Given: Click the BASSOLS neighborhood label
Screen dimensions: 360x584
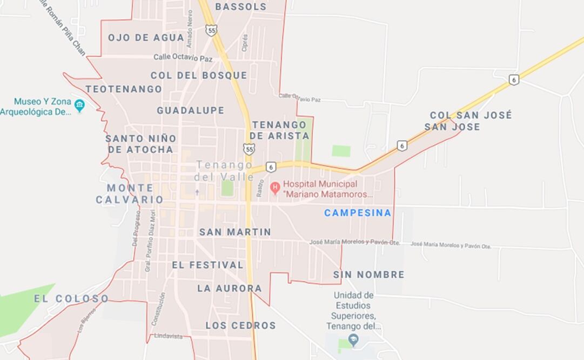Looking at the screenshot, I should click(x=241, y=7).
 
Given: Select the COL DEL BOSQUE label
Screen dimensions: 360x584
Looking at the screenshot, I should click(x=198, y=75).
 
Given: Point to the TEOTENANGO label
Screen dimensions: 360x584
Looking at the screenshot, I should click(x=123, y=89).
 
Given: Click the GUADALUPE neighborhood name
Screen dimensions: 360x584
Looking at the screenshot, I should click(x=190, y=110).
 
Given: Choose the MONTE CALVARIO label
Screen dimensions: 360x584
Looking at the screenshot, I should click(x=130, y=194).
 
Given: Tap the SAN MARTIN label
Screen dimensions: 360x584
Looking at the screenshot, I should click(x=235, y=232).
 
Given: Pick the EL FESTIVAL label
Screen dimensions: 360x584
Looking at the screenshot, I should click(x=207, y=265).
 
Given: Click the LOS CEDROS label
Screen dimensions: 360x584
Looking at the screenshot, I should click(x=240, y=325).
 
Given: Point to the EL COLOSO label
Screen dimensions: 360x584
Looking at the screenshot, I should click(x=71, y=298).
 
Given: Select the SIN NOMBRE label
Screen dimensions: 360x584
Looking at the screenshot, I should click(x=368, y=275).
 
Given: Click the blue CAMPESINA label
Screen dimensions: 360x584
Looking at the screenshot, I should click(x=357, y=213).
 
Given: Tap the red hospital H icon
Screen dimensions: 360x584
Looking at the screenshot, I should click(x=275, y=189).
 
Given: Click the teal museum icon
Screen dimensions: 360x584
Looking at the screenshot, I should click(x=79, y=105).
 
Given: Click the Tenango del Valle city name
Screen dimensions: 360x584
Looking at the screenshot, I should click(x=224, y=170).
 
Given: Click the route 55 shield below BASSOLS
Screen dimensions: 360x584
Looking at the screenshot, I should click(x=211, y=30).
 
